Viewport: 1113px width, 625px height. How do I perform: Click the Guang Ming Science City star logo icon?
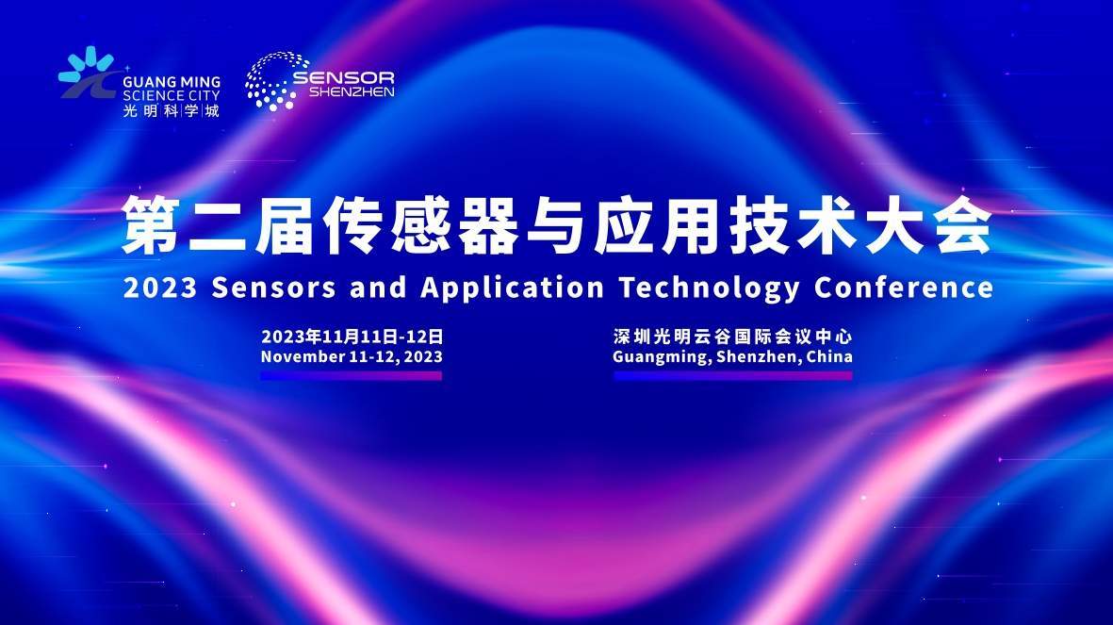coord(87,73)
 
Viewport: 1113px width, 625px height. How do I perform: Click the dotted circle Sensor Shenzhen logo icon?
coord(271,81)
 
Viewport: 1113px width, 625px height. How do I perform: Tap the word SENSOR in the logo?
coord(344,76)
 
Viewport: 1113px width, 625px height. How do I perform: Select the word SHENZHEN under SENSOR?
coord(352,91)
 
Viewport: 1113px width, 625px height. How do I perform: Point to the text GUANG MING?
coord(172,82)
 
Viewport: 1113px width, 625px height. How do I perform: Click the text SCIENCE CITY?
coord(172,96)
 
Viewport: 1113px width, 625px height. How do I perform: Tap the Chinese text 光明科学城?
coord(172,111)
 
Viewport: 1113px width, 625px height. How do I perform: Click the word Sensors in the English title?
coord(273,288)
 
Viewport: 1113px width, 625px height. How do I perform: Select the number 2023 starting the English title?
coord(159,288)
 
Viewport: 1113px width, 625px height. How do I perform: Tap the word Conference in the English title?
coord(904,288)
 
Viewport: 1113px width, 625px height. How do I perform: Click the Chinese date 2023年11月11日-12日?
coord(352,337)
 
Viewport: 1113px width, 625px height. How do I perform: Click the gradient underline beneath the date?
coord(352,376)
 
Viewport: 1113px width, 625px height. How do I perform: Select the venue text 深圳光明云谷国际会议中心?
coord(732,337)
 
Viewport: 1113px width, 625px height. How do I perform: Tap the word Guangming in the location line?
coord(662,357)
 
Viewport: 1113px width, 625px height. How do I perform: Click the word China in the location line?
coord(829,356)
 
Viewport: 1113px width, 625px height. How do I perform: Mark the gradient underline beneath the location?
coord(733,376)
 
